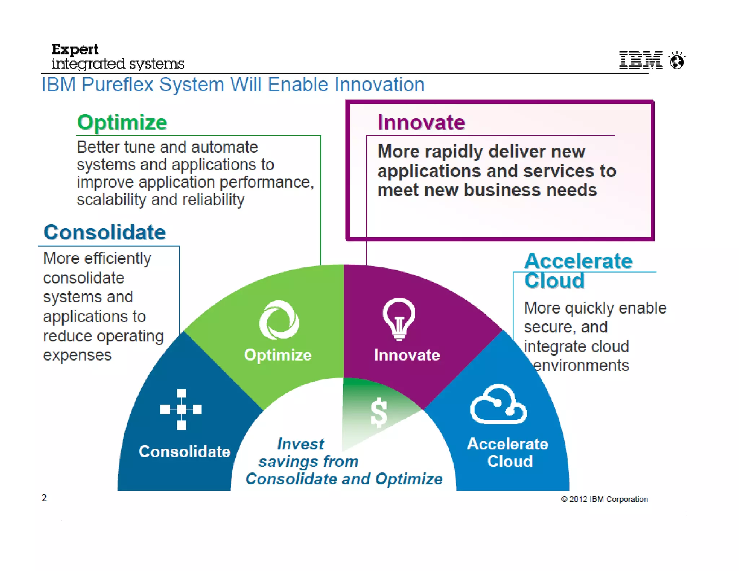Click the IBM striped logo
click(x=640, y=60)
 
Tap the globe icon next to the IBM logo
click(x=677, y=60)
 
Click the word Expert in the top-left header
click(x=75, y=49)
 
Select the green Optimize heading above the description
click(x=122, y=123)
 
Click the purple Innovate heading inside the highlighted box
click(x=421, y=123)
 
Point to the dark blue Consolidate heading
click(x=105, y=232)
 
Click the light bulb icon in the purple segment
click(x=399, y=319)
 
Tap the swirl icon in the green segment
click(x=279, y=320)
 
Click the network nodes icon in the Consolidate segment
click(x=181, y=409)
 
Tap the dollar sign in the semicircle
click(x=379, y=413)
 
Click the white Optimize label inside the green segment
click(x=278, y=355)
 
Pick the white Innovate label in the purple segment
click(x=407, y=355)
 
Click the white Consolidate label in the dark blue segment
click(x=184, y=452)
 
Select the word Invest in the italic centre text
click(x=300, y=444)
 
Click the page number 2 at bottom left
click(x=44, y=498)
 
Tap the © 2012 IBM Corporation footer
click(x=604, y=499)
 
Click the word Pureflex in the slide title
click(x=118, y=85)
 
